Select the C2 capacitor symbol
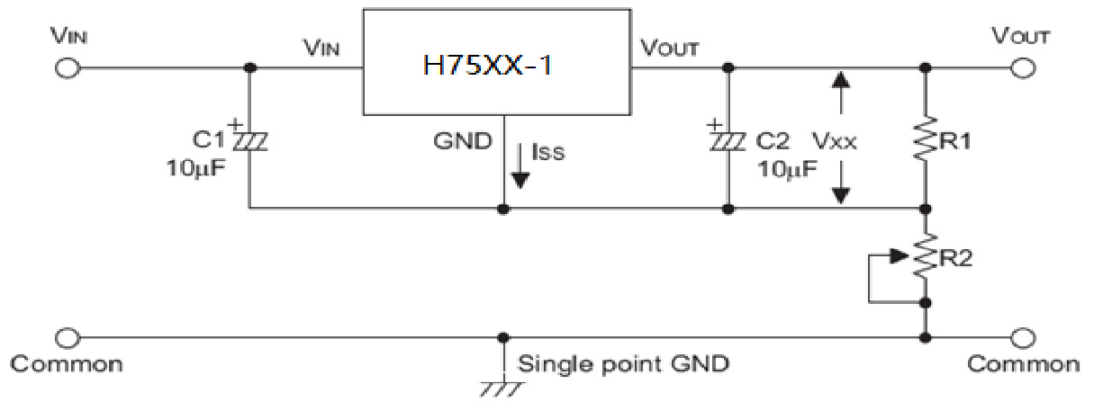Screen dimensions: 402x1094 [727, 140]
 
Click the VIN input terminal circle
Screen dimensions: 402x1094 [66, 68]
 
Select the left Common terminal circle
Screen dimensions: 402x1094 [66, 337]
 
